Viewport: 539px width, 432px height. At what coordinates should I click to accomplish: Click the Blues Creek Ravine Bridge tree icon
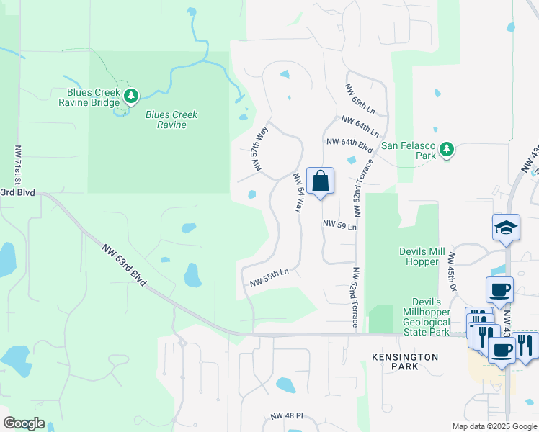[x=130, y=96]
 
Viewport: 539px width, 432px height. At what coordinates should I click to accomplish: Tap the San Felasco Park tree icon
[x=447, y=149]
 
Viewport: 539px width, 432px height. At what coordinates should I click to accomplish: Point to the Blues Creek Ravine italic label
[x=171, y=120]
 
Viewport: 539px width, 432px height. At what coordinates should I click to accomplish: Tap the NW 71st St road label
[x=18, y=165]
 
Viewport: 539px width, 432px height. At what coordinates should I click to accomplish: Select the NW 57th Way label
[x=259, y=148]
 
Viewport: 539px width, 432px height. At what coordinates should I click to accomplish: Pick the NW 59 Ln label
[x=339, y=225]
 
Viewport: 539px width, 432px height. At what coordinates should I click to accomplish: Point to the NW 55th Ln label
[x=269, y=277]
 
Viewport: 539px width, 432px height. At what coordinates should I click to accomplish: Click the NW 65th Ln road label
[x=360, y=99]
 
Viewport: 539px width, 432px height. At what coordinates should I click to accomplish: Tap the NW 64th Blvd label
[x=349, y=145]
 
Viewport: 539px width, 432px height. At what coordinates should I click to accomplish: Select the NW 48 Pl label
[x=288, y=417]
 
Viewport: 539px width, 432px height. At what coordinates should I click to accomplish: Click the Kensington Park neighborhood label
[x=405, y=362]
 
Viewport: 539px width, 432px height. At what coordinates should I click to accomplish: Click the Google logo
[x=24, y=423]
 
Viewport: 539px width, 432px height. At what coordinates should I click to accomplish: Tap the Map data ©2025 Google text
[x=494, y=426]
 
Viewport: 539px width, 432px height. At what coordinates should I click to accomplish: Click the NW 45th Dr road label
[x=453, y=271]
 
